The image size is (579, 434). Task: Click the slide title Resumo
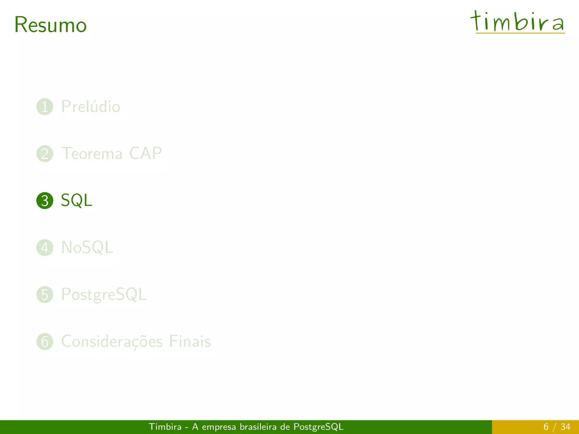point(50,25)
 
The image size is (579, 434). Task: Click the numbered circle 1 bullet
point(45,107)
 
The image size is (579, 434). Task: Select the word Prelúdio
point(91,107)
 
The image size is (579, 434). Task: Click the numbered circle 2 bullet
point(45,154)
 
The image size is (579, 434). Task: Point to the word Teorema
point(92,154)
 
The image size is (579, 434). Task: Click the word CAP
point(145,154)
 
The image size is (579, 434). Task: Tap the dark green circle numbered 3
point(45,201)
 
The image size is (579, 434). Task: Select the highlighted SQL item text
point(76,201)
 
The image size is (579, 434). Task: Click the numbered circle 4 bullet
point(45,248)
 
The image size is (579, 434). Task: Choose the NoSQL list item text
point(87,248)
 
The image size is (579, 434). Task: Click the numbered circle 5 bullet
point(45,294)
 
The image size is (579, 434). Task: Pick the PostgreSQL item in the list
point(104,294)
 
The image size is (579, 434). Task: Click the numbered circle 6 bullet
point(45,342)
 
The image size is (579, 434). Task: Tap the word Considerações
point(112,342)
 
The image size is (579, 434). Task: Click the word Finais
point(190,342)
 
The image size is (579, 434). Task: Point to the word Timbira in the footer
point(165,427)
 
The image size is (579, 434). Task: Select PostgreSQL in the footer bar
point(318,427)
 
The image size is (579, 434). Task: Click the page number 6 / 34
point(557,427)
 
